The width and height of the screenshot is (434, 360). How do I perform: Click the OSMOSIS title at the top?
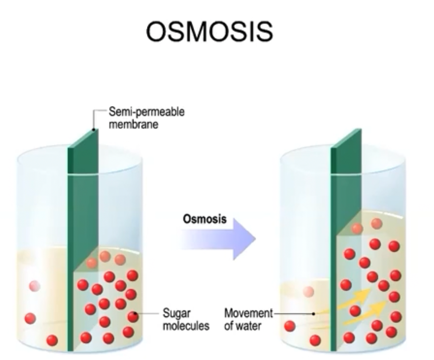[209, 32]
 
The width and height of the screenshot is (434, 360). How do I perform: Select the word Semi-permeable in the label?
[146, 112]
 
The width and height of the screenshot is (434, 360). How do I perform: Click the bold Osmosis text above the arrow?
[204, 219]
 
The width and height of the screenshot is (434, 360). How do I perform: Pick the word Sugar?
[177, 314]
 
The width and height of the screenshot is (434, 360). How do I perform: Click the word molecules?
[186, 326]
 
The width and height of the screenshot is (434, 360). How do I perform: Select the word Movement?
[248, 314]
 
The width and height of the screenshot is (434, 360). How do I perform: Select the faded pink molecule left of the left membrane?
[35, 286]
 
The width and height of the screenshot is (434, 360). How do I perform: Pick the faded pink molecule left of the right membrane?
[309, 292]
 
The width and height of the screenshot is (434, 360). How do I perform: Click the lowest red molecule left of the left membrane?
[52, 340]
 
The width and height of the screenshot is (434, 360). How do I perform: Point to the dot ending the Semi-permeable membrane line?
[93, 129]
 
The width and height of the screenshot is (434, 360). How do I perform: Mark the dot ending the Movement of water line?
[314, 314]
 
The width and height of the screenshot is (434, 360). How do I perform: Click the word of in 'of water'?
[230, 326]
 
